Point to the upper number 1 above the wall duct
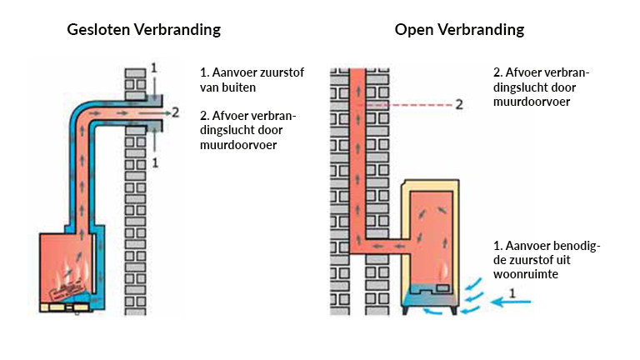[152, 66]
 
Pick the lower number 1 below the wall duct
[155, 162]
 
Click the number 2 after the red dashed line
[458, 105]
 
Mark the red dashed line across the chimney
[408, 106]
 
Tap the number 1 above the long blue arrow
[513, 292]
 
